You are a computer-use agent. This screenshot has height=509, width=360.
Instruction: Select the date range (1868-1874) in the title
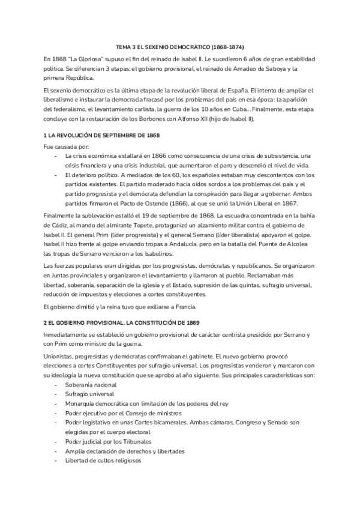coord(224,46)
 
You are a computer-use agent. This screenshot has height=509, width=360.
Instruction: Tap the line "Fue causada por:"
coord(67,146)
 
